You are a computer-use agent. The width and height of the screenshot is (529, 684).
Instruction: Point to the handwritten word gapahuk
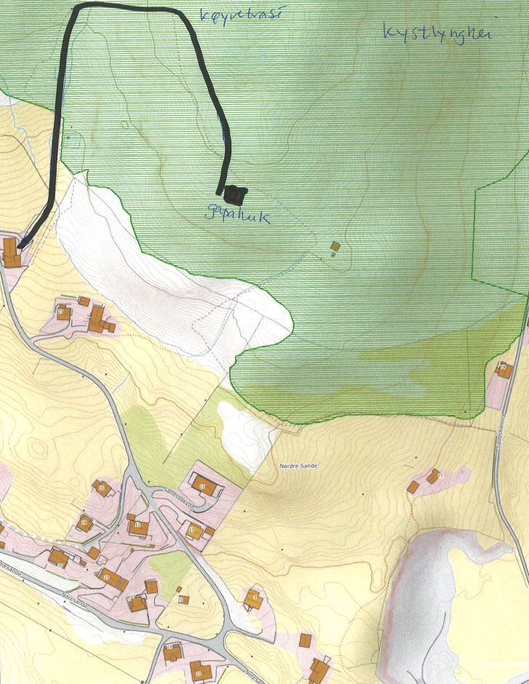238,215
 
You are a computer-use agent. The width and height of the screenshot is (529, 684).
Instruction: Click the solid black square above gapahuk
235,193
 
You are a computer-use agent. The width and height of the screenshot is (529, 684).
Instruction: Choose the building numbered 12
138,526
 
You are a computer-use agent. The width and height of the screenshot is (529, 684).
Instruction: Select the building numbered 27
62,312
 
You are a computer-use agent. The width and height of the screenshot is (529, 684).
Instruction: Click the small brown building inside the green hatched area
335,247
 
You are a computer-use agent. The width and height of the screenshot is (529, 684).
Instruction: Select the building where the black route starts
11,252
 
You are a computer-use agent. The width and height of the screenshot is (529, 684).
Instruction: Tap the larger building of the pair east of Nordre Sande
434,476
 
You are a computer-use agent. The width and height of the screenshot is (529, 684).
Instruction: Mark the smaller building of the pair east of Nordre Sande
413,487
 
